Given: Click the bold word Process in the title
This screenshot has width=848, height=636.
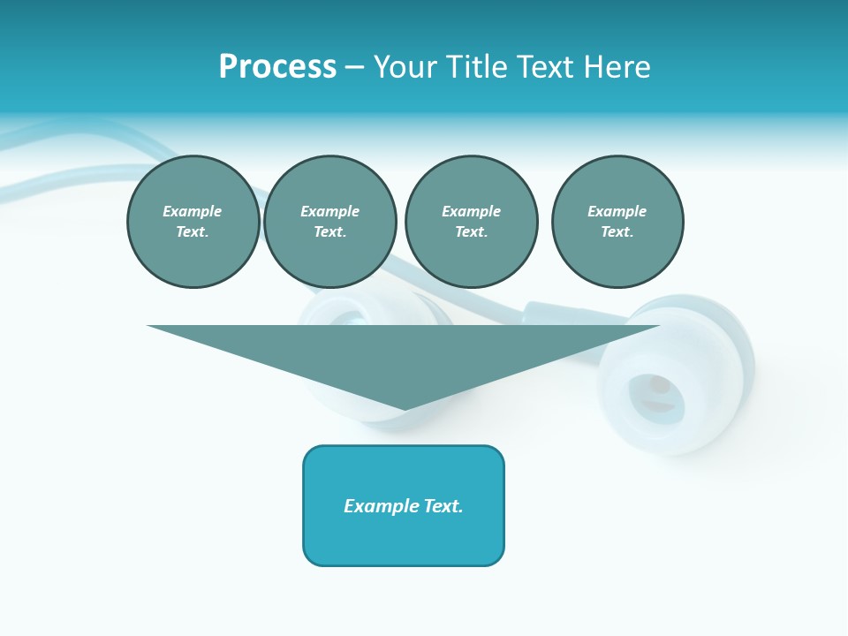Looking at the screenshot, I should (x=277, y=67).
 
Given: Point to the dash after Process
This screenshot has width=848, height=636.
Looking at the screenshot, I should (x=354, y=68).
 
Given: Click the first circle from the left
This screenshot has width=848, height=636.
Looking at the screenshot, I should (x=193, y=222).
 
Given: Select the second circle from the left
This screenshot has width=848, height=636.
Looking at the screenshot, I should (x=330, y=222).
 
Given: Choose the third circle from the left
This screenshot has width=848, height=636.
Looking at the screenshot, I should (x=471, y=222).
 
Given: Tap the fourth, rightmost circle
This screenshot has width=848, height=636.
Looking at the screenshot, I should (x=617, y=222).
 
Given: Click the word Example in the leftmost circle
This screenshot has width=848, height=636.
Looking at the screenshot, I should (x=193, y=211).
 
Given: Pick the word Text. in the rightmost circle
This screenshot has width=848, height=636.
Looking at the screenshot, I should (x=617, y=232).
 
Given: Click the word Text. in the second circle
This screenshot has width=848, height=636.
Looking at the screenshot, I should (x=330, y=232).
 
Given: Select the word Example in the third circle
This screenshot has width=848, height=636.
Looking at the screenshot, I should (x=471, y=211).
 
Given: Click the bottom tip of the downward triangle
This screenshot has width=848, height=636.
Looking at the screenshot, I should (x=404, y=408).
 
